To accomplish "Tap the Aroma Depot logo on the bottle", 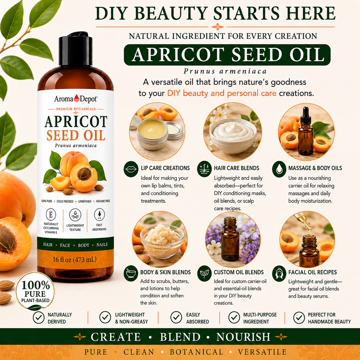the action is tap(76, 99).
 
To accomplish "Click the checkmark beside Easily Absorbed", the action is tap(176, 317).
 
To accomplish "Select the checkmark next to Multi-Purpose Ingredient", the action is tap(234, 317).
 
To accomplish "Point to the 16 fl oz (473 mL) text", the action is tap(75, 260).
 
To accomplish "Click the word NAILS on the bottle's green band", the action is tap(102, 245).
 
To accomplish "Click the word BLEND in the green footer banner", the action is tap(180, 337).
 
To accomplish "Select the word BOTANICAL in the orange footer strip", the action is tap(197, 352).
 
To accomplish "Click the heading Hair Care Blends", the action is tap(237, 168).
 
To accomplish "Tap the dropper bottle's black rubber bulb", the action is tap(306, 112).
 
